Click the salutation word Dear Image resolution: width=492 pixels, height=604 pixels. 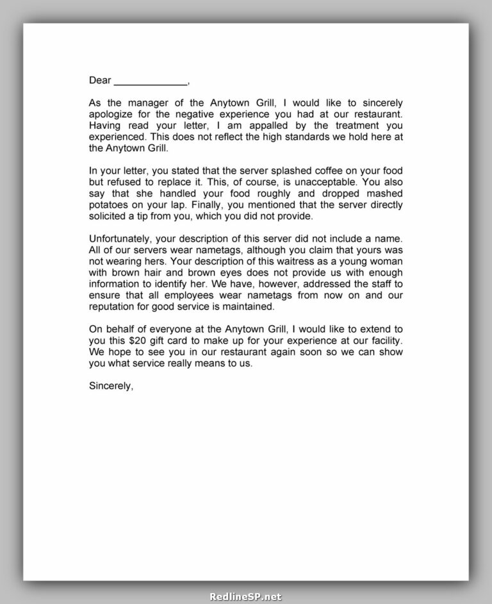[x=100, y=81]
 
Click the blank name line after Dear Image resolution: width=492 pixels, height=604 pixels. [x=151, y=82]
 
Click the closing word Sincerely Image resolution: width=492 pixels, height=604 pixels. [x=111, y=386]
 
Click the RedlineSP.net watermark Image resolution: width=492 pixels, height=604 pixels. [x=245, y=596]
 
